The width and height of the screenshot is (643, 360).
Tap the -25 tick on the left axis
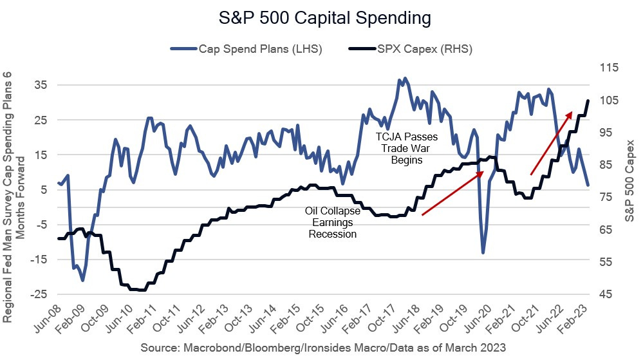(x=38, y=294)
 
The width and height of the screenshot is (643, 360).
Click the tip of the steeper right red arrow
(x=572, y=112)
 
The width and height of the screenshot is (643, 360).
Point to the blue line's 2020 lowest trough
(x=483, y=252)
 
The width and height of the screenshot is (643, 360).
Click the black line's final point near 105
(x=588, y=100)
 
